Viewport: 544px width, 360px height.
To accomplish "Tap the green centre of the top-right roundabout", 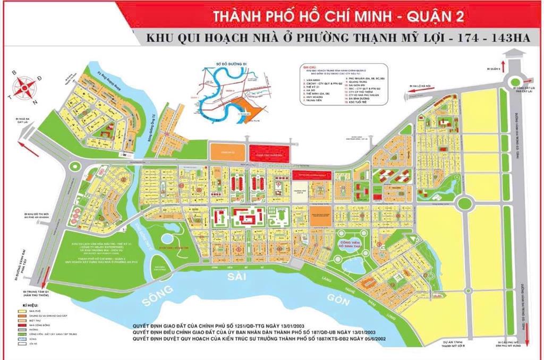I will coord(515,81).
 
